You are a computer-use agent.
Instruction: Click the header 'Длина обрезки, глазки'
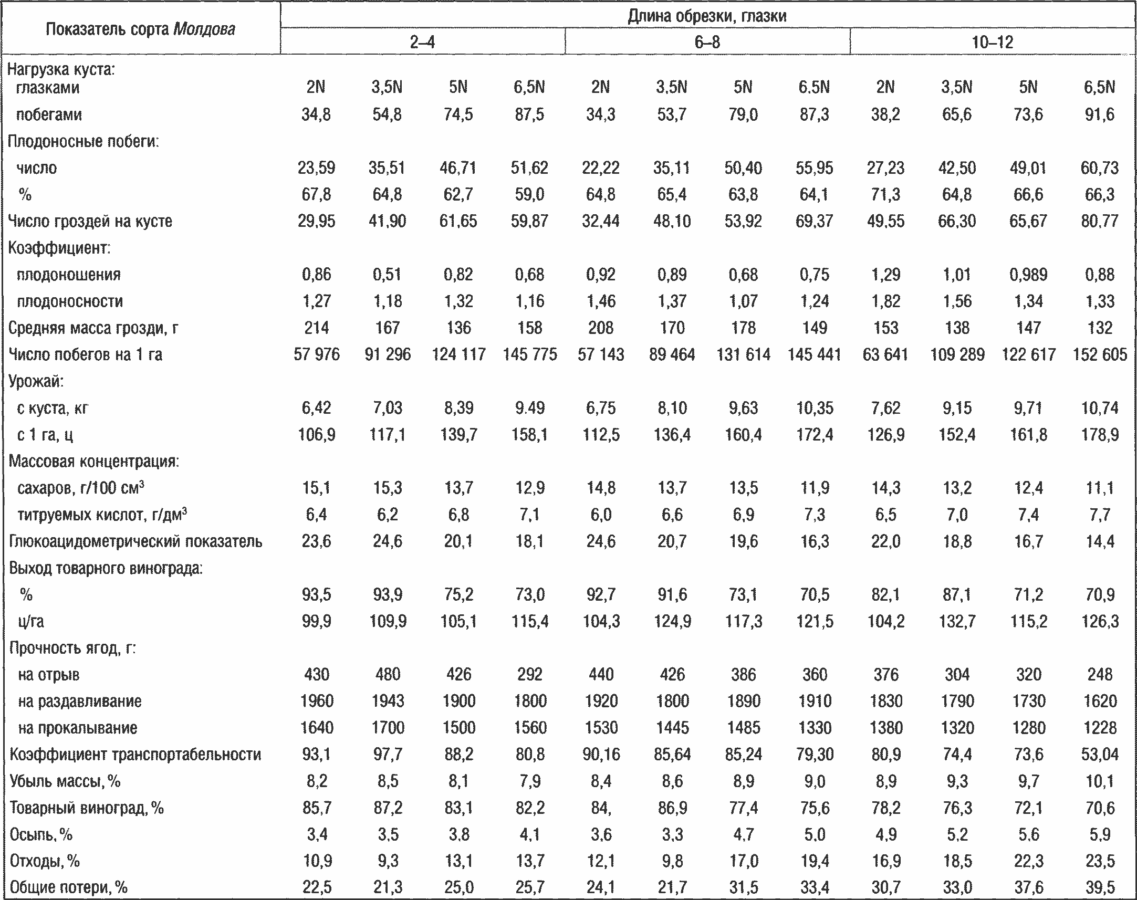(707, 16)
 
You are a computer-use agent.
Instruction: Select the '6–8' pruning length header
(707, 42)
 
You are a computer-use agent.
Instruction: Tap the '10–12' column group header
(992, 42)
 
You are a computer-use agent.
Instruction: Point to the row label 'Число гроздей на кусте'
(90, 221)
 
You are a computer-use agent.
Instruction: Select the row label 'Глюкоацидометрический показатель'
(135, 542)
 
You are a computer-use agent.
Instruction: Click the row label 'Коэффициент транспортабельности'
(135, 755)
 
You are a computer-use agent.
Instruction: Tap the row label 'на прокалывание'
(77, 728)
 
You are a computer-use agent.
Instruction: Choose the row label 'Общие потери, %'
(69, 888)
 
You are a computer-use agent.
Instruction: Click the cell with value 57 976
(317, 354)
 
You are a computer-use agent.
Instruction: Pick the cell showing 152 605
(1100, 354)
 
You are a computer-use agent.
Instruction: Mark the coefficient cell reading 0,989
(1028, 275)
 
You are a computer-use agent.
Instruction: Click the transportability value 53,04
(1100, 755)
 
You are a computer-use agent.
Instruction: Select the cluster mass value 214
(317, 328)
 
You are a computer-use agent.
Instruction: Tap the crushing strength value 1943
(388, 702)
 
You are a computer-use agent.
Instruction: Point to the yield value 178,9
(1100, 435)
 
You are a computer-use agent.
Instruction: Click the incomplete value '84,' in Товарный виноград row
(601, 808)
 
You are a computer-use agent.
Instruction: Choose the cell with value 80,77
(1100, 221)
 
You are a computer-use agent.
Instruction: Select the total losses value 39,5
(1100, 888)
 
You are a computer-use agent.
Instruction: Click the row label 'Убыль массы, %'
(65, 781)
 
